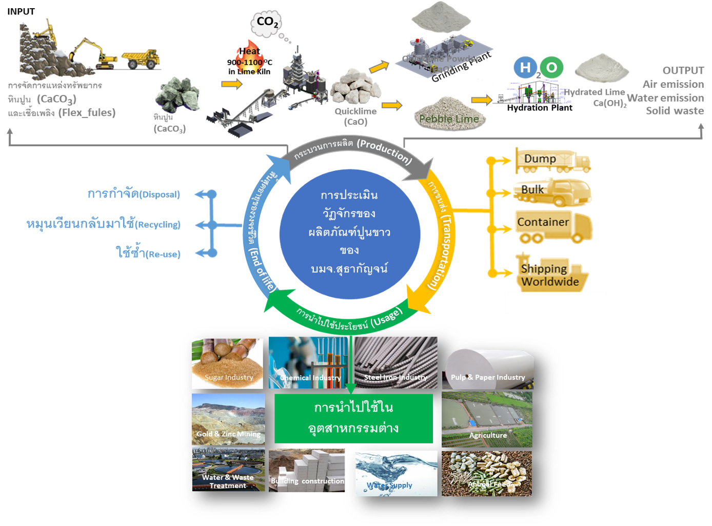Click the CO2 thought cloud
(x=266, y=23)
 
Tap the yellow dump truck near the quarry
(x=140, y=59)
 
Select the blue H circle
(x=525, y=68)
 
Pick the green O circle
(x=551, y=68)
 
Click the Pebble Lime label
(x=449, y=119)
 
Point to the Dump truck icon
(x=553, y=160)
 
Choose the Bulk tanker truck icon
(x=552, y=192)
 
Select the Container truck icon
(x=553, y=225)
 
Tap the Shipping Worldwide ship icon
(x=551, y=274)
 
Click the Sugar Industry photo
(x=227, y=363)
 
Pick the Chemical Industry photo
(x=308, y=363)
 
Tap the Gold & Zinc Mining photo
(x=228, y=419)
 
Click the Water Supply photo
(x=396, y=473)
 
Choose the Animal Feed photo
(x=486, y=473)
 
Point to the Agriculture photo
(x=486, y=419)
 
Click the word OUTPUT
(x=683, y=70)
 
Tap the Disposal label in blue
(x=133, y=194)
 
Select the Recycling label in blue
(x=103, y=224)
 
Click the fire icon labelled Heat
(x=250, y=57)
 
